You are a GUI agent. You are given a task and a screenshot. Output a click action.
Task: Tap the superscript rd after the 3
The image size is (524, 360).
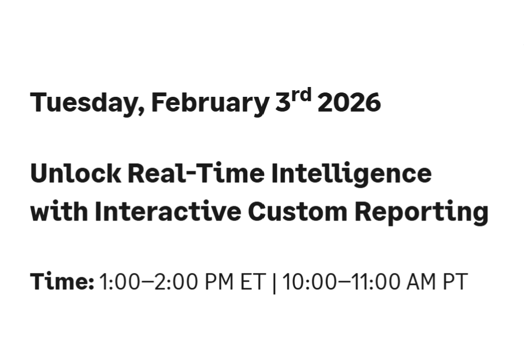[300, 95]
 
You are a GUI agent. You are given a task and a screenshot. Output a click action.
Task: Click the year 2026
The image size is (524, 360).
[349, 103]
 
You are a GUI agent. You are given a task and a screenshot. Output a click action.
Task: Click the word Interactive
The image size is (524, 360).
[167, 211]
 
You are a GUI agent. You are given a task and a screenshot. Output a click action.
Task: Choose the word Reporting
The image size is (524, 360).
[421, 212]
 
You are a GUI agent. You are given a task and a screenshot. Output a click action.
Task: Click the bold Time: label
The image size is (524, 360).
[62, 282]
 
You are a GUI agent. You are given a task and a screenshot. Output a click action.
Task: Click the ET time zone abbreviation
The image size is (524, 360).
[253, 282]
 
